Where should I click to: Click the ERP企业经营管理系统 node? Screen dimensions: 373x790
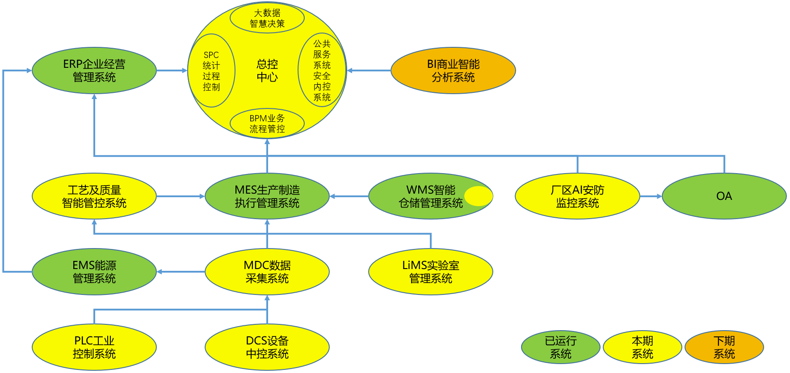pos(94,70)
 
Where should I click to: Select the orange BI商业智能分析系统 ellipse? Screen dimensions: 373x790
pos(453,70)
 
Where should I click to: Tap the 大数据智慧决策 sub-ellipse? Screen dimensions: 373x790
pos(267,18)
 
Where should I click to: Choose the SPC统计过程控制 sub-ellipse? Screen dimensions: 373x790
pos(211,70)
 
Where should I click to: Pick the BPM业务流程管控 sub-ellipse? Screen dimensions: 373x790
pos(267,124)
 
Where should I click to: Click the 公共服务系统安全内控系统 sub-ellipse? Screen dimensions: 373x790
pos(322,70)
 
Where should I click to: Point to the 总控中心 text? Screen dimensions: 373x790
pos(267,70)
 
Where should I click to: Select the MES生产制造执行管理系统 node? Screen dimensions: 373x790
pos(267,196)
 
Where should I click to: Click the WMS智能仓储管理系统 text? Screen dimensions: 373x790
pos(430,196)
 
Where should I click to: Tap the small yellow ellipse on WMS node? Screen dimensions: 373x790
pos(478,196)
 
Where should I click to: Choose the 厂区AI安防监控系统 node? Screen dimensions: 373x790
pos(577,196)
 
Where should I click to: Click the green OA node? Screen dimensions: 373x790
pos(724,196)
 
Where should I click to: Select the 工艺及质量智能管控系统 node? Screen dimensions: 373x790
pos(94,196)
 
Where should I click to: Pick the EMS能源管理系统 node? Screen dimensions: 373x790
pos(94,272)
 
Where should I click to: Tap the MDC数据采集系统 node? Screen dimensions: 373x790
pos(267,272)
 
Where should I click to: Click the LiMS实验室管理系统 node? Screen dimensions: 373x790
pos(430,272)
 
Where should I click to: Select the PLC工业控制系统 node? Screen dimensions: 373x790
pos(94,347)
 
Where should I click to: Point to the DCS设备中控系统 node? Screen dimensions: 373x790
pos(267,347)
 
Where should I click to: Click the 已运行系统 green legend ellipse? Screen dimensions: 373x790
pos(560,347)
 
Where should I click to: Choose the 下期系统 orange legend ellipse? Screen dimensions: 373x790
pos(724,347)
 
